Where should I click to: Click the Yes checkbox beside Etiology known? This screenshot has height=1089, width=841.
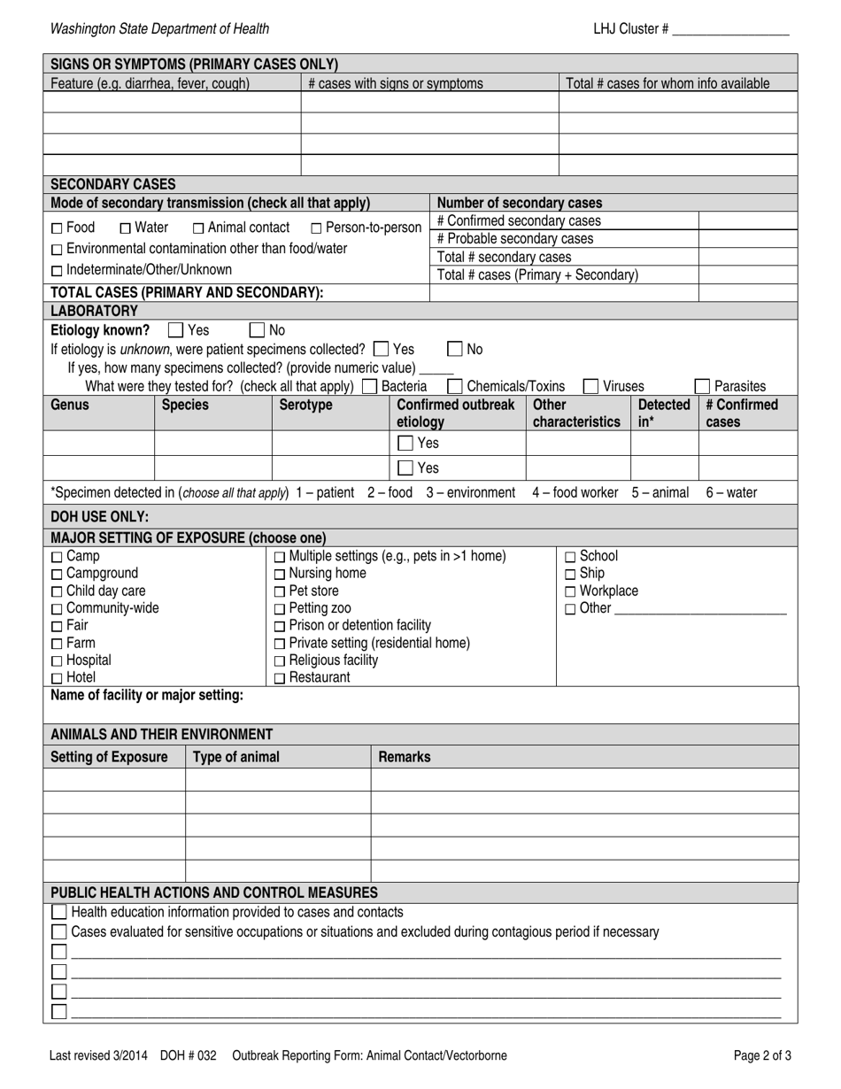pos(175,330)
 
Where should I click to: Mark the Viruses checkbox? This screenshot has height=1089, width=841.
pos(590,386)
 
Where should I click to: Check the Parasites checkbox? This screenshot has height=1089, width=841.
pos(702,386)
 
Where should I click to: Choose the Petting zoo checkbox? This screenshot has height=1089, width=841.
pos(280,608)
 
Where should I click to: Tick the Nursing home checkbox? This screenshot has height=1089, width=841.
pos(280,574)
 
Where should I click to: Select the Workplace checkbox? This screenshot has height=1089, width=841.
pos(570,591)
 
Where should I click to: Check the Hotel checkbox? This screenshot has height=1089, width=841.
pos(57,678)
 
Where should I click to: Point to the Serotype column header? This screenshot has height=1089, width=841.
pos(305,405)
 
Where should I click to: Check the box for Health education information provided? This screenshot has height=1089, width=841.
pos(59,912)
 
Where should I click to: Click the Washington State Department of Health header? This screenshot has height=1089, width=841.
pos(159,29)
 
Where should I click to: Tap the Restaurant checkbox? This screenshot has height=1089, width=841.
pos(280,678)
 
